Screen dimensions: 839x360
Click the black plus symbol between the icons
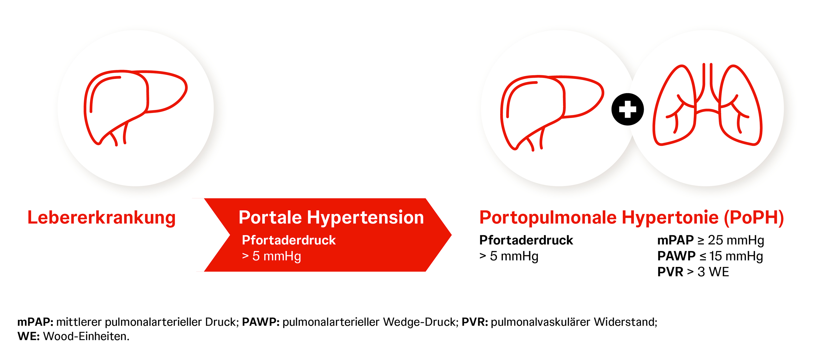628,109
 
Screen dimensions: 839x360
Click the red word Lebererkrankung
102,217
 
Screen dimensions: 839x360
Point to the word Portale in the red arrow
270,217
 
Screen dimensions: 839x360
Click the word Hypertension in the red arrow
365,218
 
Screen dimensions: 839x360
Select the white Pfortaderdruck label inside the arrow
289,240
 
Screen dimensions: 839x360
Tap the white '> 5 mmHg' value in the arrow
272,256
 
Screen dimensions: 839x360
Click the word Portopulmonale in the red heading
548,218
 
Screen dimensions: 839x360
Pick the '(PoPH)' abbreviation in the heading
754,218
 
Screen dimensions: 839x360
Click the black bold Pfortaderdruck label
526,240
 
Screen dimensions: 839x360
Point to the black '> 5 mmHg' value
509,256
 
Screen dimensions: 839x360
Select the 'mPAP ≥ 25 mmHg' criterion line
711,240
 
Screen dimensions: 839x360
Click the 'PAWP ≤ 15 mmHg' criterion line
710,256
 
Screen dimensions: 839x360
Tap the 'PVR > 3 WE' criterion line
693,272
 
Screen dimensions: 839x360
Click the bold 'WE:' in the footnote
29,336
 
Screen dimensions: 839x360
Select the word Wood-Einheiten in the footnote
86,336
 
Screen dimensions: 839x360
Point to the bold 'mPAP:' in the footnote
35,322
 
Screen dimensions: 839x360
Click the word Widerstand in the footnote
625,322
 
